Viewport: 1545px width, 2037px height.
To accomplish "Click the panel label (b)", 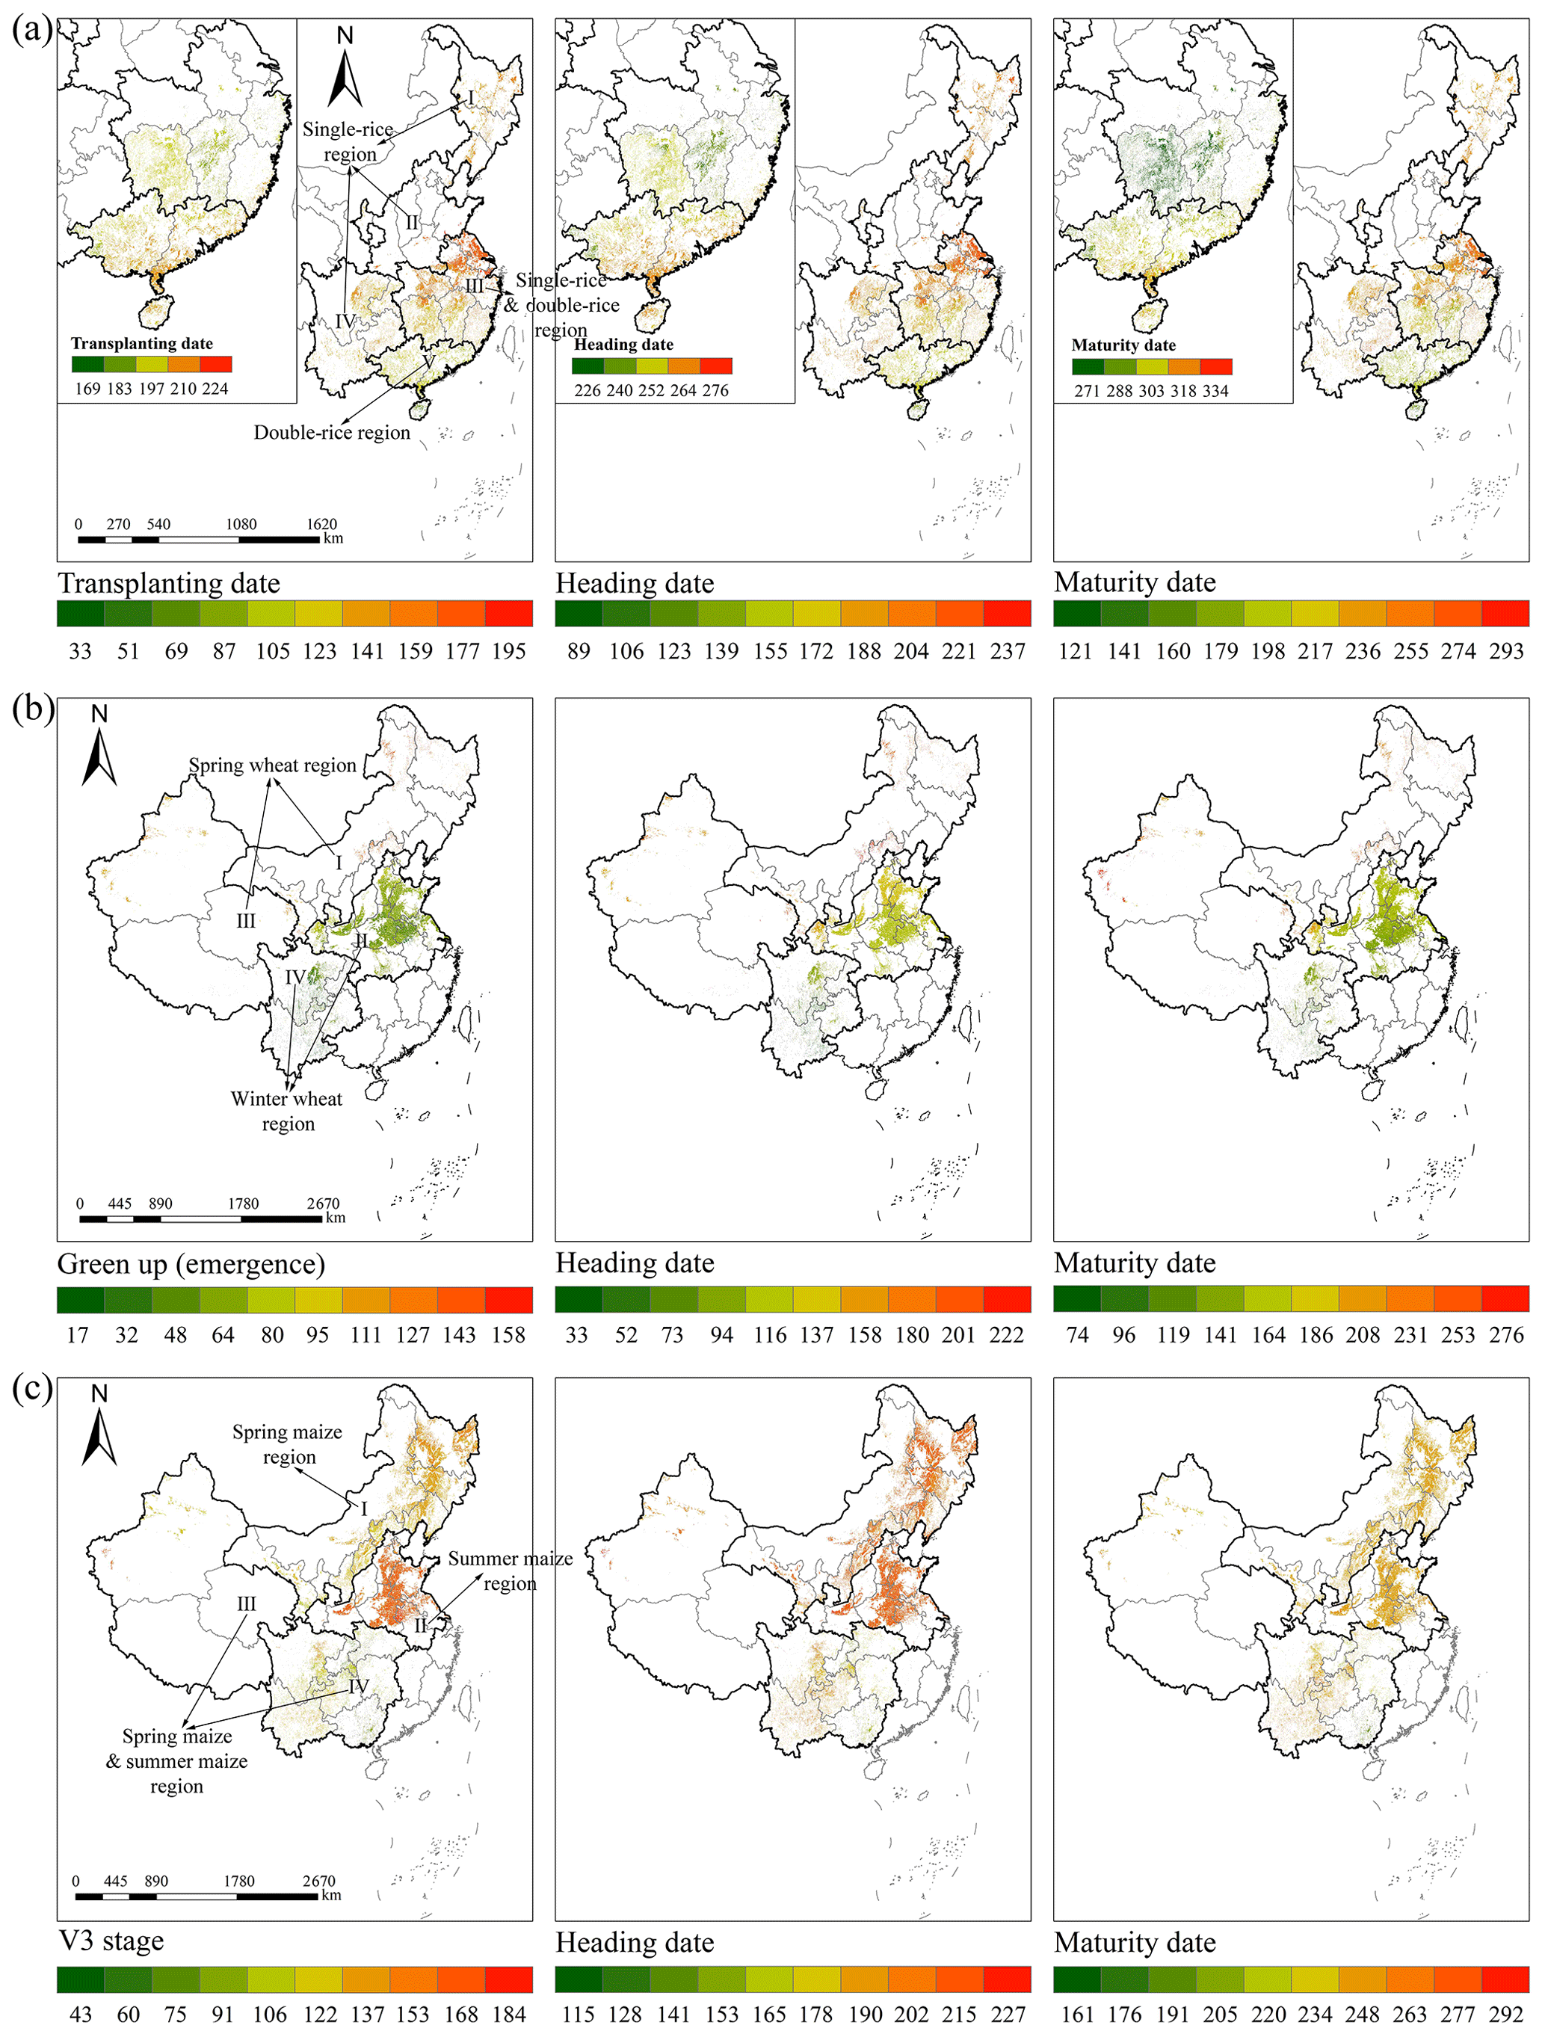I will pyautogui.click(x=31, y=709).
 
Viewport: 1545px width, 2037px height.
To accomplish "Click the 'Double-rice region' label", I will pyautogui.click(x=331, y=433).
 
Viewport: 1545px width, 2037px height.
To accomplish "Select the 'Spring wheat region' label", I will pyautogui.click(x=273, y=765).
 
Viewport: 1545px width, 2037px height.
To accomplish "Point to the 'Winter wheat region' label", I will pyautogui.click(x=286, y=1111).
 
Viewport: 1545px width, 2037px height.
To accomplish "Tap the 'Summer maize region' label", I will pyautogui.click(x=510, y=1570).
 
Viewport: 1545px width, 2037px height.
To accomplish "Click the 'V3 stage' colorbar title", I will pyautogui.click(x=111, y=1941).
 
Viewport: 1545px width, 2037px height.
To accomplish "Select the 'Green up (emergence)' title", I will pyautogui.click(x=191, y=1263).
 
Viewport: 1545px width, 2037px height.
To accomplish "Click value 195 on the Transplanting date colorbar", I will pyautogui.click(x=509, y=651).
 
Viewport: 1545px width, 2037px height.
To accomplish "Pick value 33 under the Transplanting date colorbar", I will pyautogui.click(x=80, y=651).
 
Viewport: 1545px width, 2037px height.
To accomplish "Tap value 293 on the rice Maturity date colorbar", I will pyautogui.click(x=1506, y=651).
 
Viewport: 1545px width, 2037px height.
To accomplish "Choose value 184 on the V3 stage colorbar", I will pyautogui.click(x=509, y=2014).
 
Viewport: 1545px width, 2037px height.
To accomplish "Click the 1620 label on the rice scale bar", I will pyautogui.click(x=321, y=524).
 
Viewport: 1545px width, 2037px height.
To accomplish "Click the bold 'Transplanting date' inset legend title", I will pyautogui.click(x=142, y=344).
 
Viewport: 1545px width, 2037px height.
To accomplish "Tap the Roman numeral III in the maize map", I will pyautogui.click(x=246, y=1603).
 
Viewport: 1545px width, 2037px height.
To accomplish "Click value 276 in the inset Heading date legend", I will pyautogui.click(x=715, y=390).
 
